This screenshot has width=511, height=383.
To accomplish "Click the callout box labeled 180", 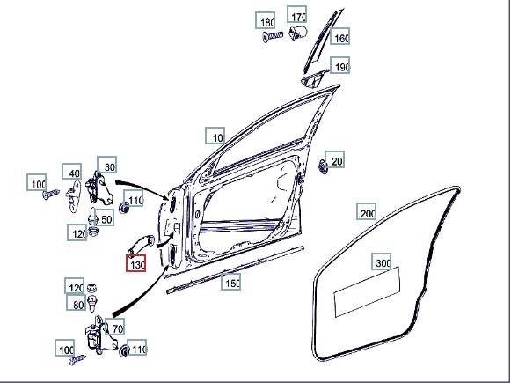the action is click(265, 20).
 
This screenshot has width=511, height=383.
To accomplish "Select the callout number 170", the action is click(296, 14).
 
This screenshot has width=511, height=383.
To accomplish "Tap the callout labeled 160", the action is click(339, 36).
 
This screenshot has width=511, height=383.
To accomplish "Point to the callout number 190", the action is click(339, 65).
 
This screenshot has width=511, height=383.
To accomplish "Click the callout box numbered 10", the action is click(215, 136).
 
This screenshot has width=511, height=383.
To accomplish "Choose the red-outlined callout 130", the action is click(136, 263).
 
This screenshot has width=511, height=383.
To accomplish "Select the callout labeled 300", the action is click(382, 261).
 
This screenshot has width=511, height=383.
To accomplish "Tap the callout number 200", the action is click(366, 211).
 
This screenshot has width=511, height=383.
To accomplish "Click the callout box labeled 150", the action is click(230, 282).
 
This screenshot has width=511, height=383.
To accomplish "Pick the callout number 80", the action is click(77, 302).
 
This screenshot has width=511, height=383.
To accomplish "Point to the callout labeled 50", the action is click(105, 217).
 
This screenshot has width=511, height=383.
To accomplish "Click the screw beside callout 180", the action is click(273, 36).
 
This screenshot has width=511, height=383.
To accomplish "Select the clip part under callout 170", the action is click(298, 33).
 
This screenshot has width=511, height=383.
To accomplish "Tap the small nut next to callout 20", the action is click(322, 167).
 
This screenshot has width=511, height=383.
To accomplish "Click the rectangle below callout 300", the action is click(368, 291).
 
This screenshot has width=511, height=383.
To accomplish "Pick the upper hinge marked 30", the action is click(99, 188).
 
